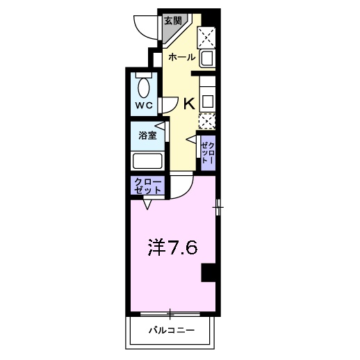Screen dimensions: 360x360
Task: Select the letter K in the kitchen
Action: click(x=189, y=104)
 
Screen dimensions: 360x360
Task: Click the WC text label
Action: click(x=144, y=106)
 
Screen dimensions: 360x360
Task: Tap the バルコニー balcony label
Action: click(x=170, y=330)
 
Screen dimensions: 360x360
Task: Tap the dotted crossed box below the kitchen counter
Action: click(x=207, y=120)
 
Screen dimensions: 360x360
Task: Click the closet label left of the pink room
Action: click(x=147, y=186)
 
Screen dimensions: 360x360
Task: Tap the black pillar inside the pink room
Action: click(x=208, y=273)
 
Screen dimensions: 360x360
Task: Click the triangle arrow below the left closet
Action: click(x=147, y=205)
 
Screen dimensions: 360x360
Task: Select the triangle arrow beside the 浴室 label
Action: click(x=160, y=126)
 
